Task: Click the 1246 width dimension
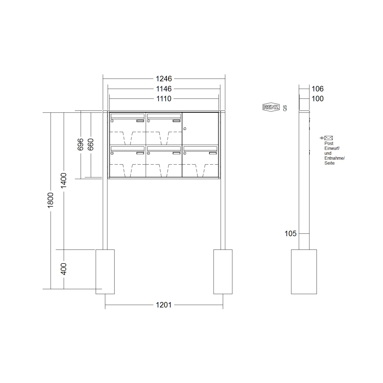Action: click(164, 79)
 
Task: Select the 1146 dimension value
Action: click(164, 89)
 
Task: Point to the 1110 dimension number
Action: click(164, 99)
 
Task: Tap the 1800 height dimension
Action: click(50, 200)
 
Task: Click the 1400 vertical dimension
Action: click(64, 181)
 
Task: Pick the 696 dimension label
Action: click(80, 144)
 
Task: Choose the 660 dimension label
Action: click(91, 144)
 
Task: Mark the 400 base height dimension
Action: click(64, 269)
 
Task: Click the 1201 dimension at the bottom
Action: click(164, 305)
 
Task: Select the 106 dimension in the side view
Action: click(317, 89)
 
